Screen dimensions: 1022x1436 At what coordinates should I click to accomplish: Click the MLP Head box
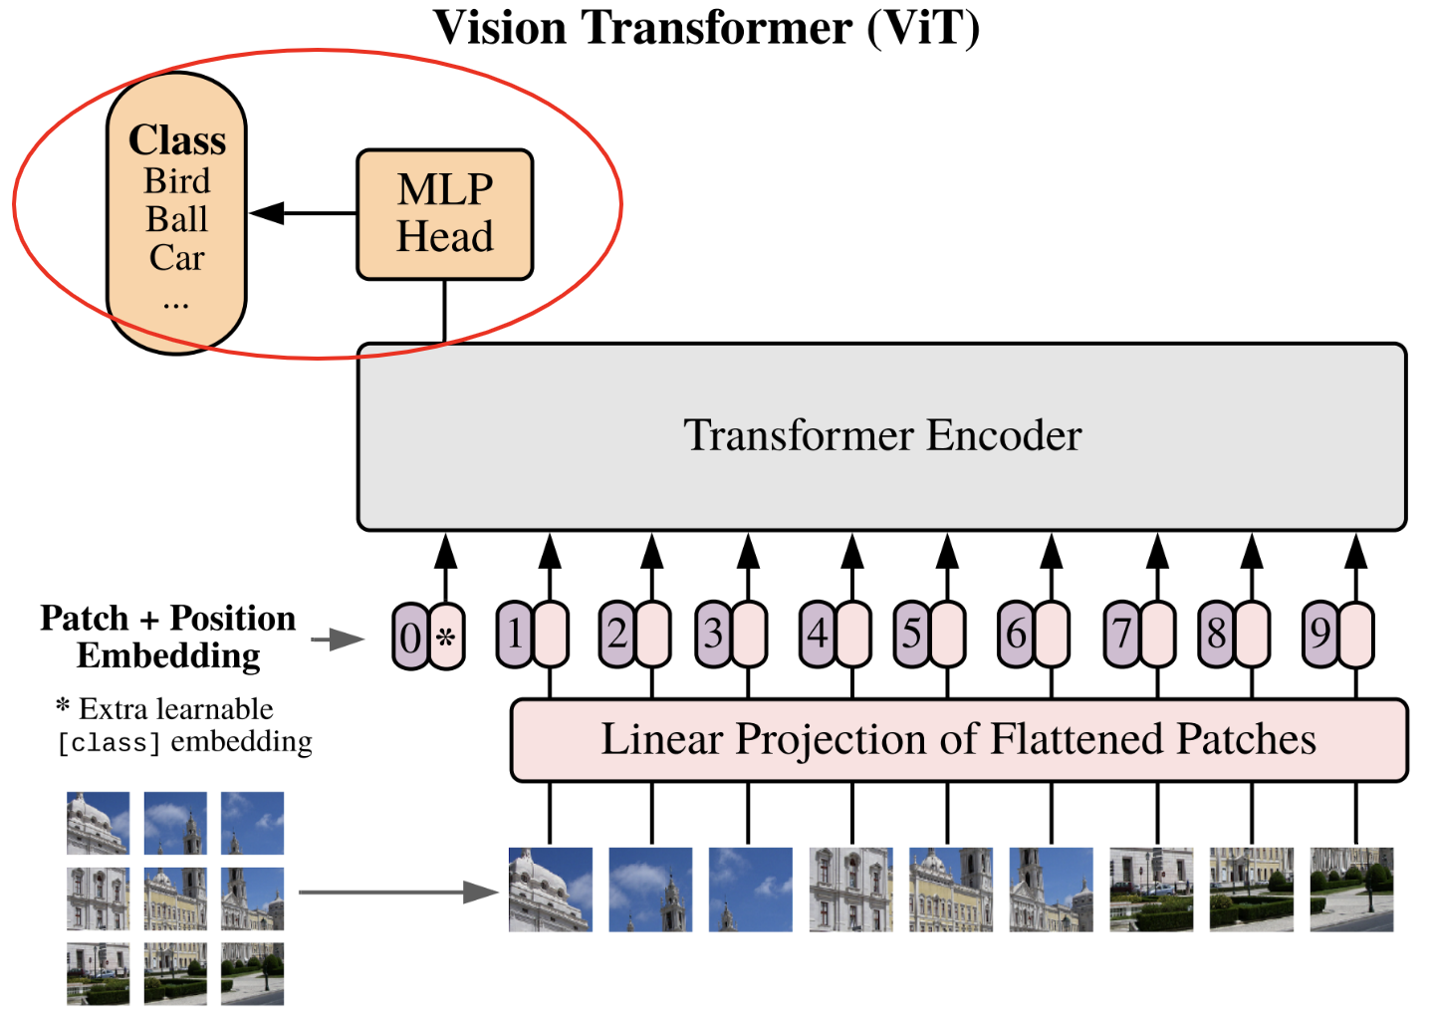(x=444, y=214)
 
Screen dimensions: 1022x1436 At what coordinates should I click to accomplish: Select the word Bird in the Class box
(x=177, y=181)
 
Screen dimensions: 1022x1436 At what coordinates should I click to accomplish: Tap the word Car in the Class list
(x=177, y=258)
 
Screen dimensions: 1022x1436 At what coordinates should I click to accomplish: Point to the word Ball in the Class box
(x=177, y=219)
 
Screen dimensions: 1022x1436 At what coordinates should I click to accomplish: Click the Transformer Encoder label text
(x=882, y=435)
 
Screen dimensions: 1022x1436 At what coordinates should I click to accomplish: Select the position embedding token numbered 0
(x=410, y=637)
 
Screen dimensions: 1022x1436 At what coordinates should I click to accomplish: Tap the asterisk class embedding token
(x=447, y=637)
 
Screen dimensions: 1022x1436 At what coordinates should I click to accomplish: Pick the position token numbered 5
(x=911, y=634)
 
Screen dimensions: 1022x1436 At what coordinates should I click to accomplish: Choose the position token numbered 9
(x=1320, y=634)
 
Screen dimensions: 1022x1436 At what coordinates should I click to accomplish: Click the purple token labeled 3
(x=713, y=634)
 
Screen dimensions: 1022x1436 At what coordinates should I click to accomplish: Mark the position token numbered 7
(x=1122, y=634)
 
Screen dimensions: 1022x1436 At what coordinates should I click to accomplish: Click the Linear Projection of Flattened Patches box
(x=958, y=740)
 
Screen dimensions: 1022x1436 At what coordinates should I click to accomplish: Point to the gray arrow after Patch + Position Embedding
(x=339, y=639)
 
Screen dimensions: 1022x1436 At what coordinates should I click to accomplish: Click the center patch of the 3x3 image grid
(x=175, y=898)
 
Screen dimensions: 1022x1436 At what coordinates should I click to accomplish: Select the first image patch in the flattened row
(x=550, y=890)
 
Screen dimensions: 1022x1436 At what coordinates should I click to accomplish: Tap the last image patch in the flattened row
(x=1351, y=890)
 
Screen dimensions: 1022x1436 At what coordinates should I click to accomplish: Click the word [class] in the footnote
(x=109, y=743)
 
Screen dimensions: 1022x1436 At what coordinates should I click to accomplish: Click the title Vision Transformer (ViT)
(x=707, y=28)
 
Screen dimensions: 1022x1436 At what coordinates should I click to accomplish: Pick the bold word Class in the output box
(x=177, y=140)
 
